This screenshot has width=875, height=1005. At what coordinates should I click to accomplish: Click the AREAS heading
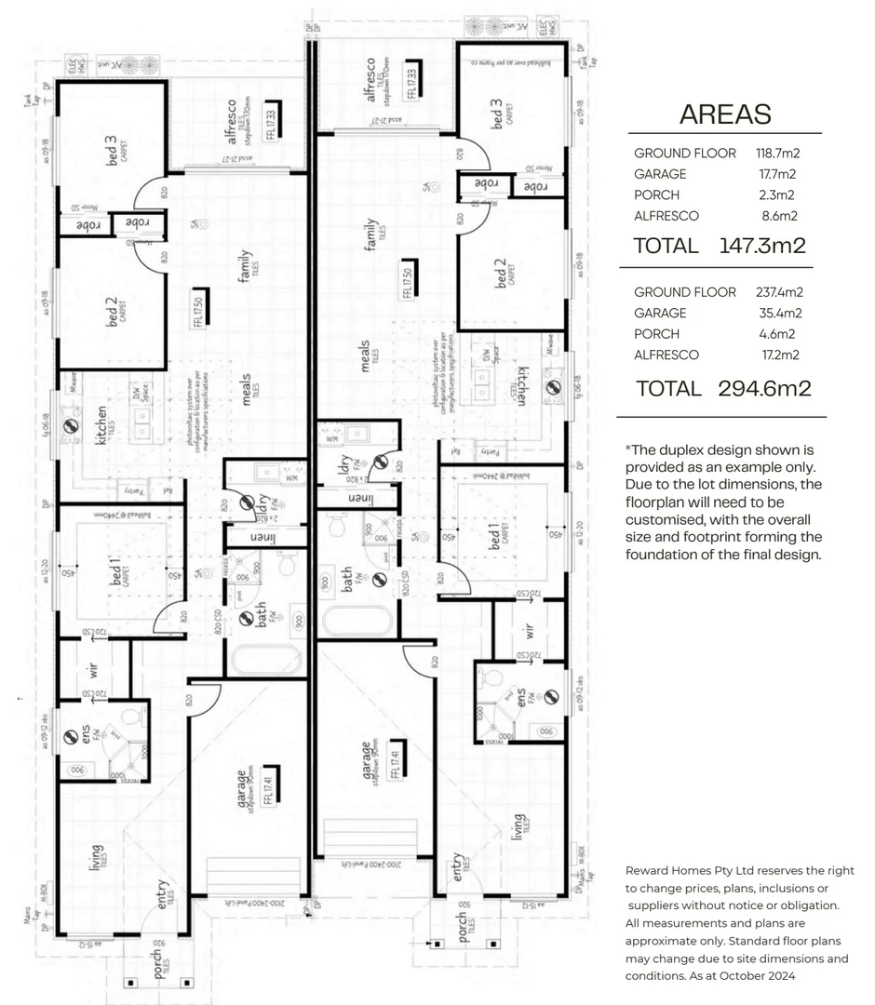pos(725,114)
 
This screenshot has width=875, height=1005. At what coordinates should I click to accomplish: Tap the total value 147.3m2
pos(762,246)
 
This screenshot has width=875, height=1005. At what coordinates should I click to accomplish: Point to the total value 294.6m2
pos(764,388)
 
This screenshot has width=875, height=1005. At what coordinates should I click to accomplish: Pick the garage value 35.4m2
pos(780,314)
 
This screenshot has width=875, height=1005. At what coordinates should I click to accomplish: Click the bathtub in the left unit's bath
pos(265,660)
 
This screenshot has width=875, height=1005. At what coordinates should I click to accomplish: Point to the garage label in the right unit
pos(370,759)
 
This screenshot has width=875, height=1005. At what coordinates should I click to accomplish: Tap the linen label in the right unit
pos(357,500)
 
